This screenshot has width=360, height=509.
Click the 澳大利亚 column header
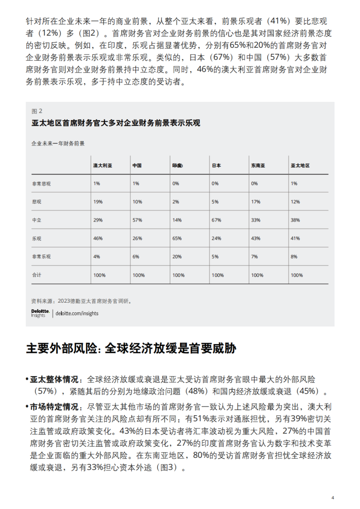[x=102, y=166]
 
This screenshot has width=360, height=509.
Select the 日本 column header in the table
[x=216, y=166]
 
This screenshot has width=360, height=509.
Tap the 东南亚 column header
[x=258, y=166]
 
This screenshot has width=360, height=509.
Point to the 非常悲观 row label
[x=41, y=184]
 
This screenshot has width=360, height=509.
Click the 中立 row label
[x=37, y=220]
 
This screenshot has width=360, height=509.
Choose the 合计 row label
[x=37, y=275]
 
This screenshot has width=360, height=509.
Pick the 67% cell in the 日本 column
[x=217, y=220]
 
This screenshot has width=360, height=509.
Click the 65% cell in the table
[x=177, y=238]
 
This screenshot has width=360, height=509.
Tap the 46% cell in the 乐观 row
[x=98, y=238]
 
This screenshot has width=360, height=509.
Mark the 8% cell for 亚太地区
[x=294, y=257]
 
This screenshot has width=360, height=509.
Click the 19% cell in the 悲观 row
[x=98, y=202]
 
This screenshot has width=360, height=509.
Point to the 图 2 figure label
[x=37, y=111]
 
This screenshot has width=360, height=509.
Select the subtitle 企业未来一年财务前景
[x=58, y=143]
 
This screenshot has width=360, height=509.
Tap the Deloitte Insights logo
[x=40, y=313]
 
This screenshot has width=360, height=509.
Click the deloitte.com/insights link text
[x=77, y=313]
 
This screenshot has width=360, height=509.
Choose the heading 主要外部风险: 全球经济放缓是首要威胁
[x=131, y=349]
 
